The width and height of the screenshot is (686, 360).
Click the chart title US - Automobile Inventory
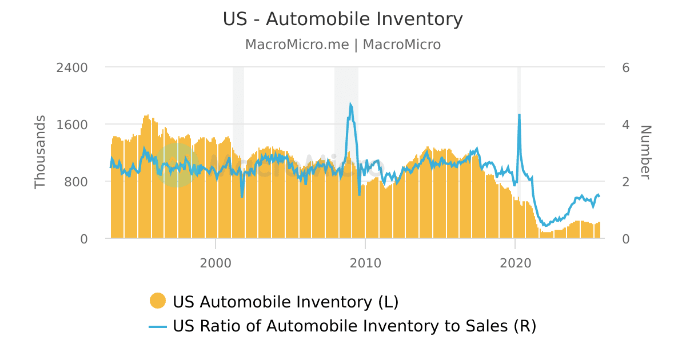(x=343, y=19)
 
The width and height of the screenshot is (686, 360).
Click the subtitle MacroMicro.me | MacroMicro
(x=343, y=45)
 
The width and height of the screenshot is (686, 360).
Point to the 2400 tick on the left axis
(x=72, y=67)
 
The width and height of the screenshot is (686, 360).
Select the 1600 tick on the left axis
(x=72, y=125)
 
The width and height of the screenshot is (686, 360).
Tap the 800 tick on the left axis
(x=76, y=182)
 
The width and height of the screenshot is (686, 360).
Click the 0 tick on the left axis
(x=84, y=239)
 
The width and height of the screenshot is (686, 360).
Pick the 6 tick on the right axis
(x=625, y=67)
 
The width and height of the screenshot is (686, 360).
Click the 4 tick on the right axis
(x=625, y=125)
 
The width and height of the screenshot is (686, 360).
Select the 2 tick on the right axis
(x=625, y=182)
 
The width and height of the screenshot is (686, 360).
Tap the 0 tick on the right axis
(x=625, y=239)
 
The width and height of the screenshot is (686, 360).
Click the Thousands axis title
(x=40, y=152)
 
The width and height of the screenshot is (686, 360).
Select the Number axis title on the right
(x=645, y=152)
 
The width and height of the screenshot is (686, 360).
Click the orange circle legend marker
(x=157, y=301)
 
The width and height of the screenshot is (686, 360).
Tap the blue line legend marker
(x=157, y=326)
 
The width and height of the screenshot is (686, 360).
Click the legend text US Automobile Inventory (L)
(x=285, y=301)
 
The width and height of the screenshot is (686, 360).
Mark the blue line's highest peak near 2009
(x=350, y=105)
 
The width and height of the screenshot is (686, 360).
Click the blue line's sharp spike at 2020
(x=519, y=115)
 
